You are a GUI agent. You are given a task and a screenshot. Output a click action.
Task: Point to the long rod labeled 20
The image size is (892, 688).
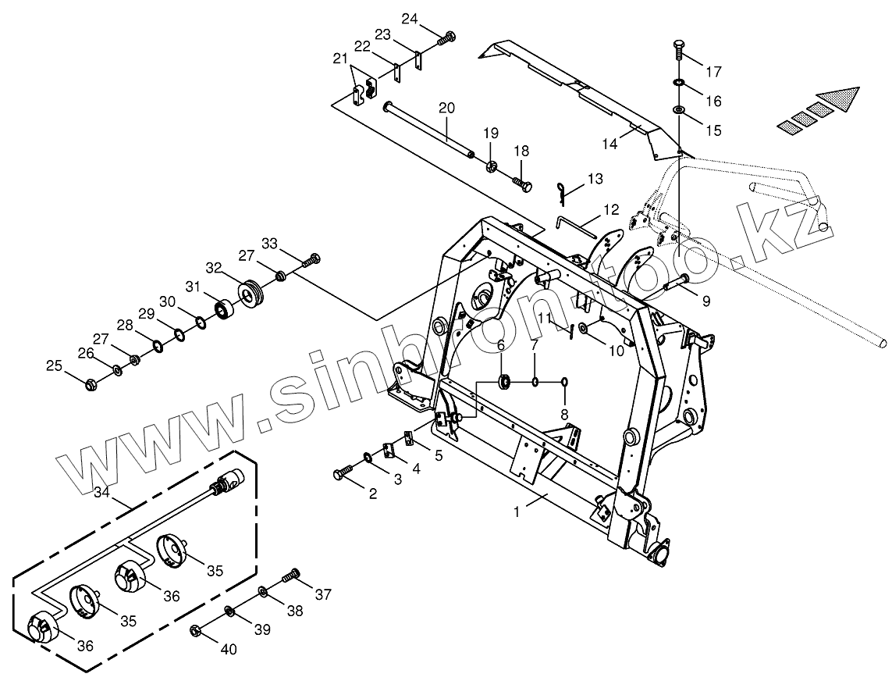point(429,129)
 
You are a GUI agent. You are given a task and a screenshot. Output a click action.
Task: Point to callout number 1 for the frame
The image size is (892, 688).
point(516,512)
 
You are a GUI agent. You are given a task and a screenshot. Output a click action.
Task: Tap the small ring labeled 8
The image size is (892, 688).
point(564,382)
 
